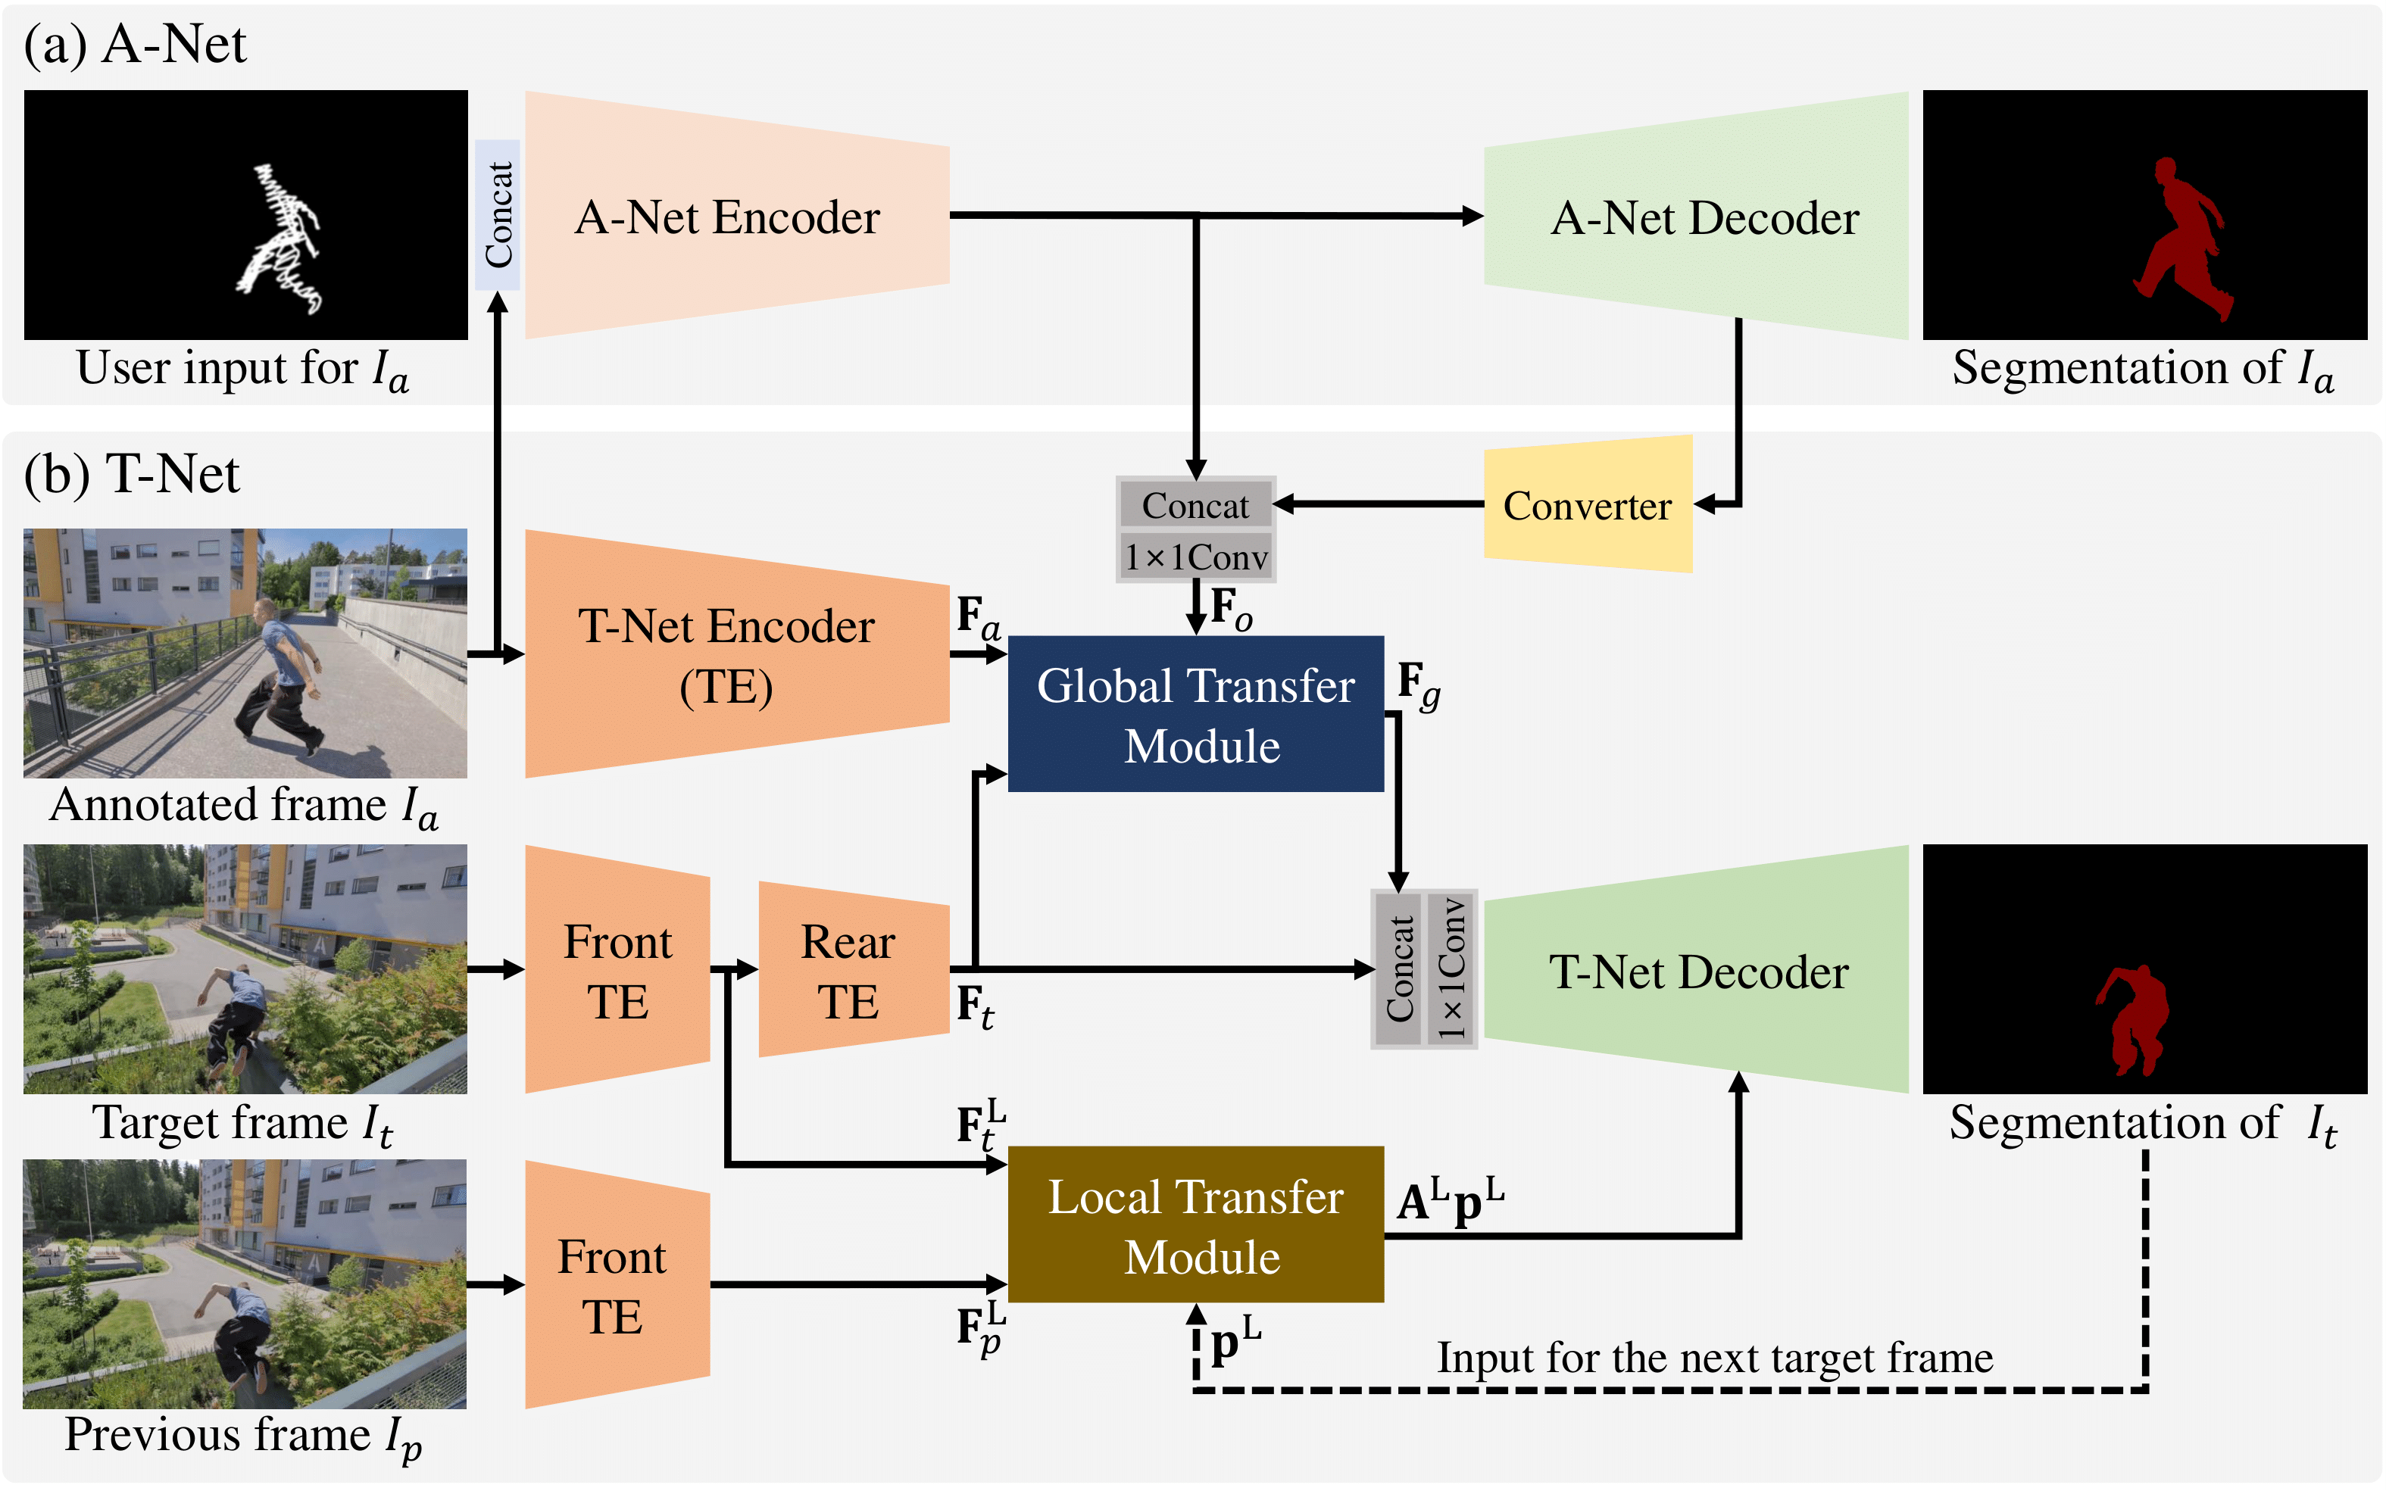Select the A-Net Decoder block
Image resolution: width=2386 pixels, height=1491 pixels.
coord(1701,217)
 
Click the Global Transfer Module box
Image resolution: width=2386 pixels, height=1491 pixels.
coord(1195,714)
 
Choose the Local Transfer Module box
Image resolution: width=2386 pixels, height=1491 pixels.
coord(1195,1224)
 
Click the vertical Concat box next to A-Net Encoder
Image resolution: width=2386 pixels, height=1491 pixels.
coord(497,214)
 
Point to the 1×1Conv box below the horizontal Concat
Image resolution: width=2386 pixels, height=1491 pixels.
coord(1195,557)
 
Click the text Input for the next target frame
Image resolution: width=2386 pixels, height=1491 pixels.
coord(1714,1358)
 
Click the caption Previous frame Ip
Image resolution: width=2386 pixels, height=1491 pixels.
coord(242,1436)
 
